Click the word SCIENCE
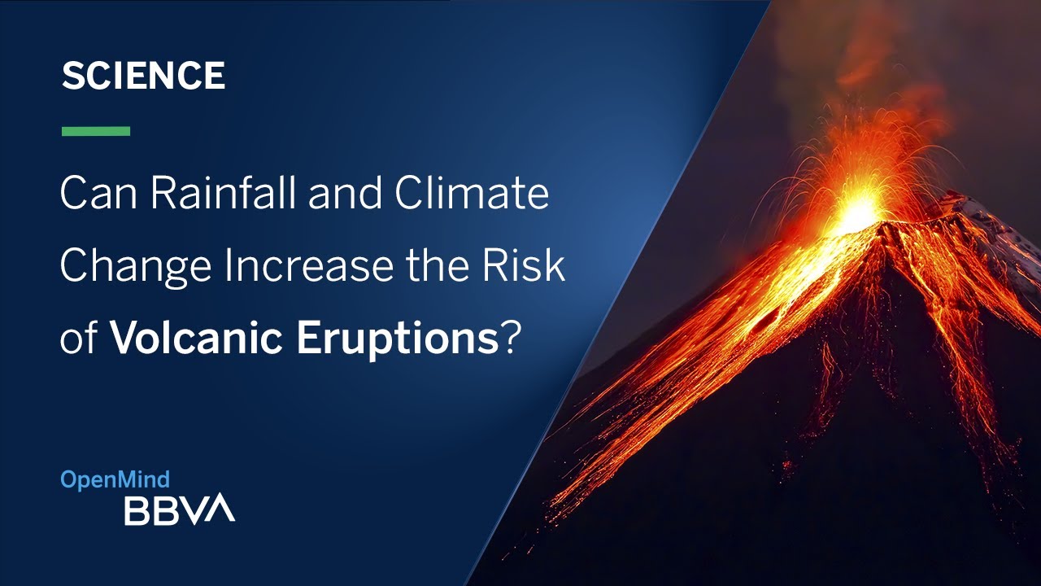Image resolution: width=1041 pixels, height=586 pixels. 143,77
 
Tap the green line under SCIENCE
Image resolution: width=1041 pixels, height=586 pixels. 96,131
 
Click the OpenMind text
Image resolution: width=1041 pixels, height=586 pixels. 115,480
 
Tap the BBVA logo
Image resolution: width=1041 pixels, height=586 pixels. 179,509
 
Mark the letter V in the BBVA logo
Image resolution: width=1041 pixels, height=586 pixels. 201,509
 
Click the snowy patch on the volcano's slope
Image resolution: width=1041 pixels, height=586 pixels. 1000,228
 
